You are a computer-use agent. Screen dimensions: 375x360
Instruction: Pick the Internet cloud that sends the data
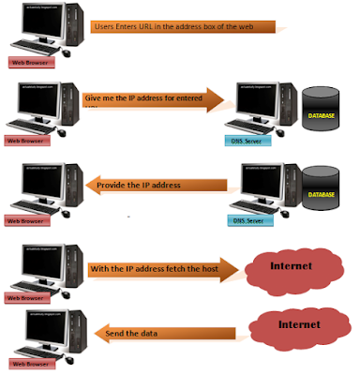298,328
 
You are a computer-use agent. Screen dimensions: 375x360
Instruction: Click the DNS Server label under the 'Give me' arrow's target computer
250,141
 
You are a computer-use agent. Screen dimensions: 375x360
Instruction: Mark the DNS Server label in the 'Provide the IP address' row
250,221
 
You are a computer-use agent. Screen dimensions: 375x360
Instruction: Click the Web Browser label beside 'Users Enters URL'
29,62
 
